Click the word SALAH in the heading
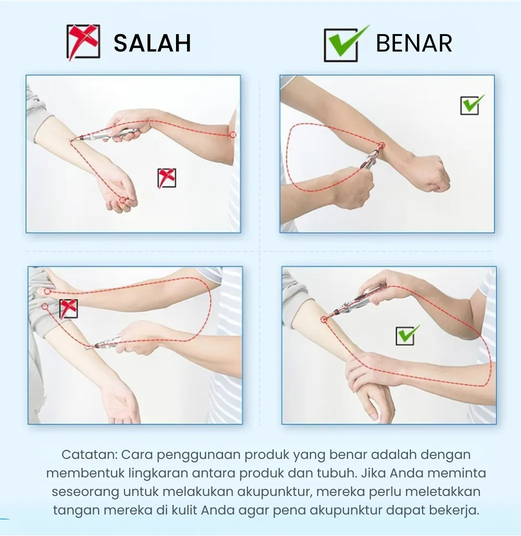coord(152,43)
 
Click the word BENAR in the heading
coord(414,43)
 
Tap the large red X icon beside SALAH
coord(83,42)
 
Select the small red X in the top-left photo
coord(166,178)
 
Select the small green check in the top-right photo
coord(472,104)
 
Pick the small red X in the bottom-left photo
coord(68,308)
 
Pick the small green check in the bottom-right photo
coord(407,335)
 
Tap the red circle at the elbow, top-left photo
coord(232,134)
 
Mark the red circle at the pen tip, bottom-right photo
coord(324,320)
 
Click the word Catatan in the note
coord(89,454)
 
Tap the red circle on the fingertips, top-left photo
coord(122,200)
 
